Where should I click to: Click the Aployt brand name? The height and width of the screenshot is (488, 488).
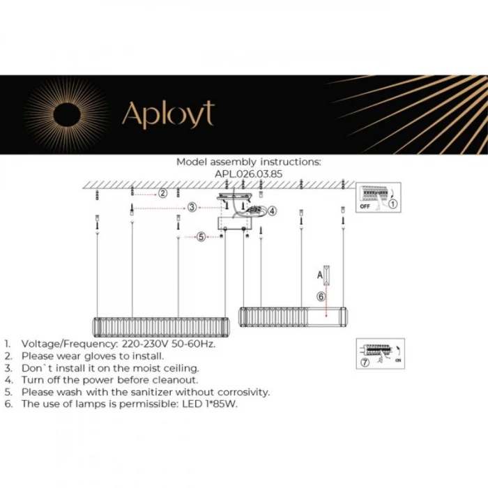(x=168, y=114)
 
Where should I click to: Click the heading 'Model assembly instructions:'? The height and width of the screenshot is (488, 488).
(x=248, y=162)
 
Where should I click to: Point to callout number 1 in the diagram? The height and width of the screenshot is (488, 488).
(x=392, y=204)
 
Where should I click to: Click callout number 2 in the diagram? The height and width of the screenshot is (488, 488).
(x=162, y=192)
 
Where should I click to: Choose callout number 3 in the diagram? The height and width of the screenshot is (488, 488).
(x=192, y=207)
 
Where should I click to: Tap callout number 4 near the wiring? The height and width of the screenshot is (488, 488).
(x=273, y=211)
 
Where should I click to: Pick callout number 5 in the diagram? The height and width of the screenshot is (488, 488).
(x=201, y=237)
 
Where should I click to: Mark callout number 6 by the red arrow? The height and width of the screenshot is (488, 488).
(x=321, y=296)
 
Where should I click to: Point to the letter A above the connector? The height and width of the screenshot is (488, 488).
(x=319, y=273)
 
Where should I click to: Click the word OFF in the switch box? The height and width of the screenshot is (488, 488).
(x=363, y=207)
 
